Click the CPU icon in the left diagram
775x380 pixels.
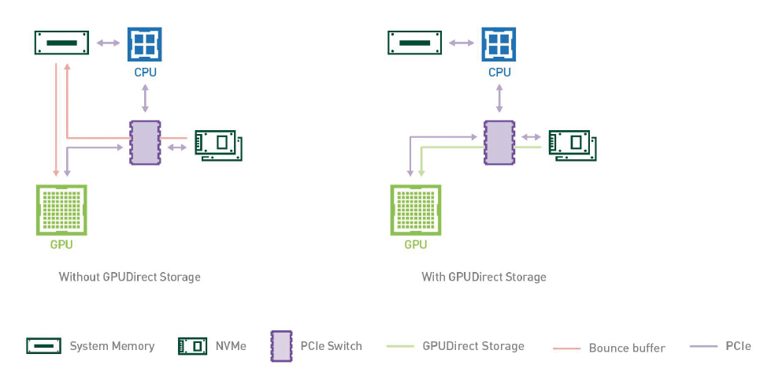click(x=145, y=43)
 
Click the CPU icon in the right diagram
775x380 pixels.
click(x=499, y=43)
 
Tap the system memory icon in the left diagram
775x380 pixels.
click(x=61, y=43)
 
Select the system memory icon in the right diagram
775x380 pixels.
click(x=415, y=43)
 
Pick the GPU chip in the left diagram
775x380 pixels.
click(x=61, y=210)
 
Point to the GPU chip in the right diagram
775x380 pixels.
click(x=415, y=210)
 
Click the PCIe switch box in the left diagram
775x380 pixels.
click(x=145, y=143)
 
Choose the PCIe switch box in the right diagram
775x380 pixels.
click(x=499, y=143)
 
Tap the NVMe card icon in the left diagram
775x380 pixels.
click(x=218, y=145)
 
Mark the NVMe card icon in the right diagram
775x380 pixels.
click(x=572, y=145)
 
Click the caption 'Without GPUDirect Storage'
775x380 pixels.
click(x=130, y=277)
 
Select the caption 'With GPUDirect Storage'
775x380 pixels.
click(x=484, y=277)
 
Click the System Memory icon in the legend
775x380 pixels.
click(x=44, y=345)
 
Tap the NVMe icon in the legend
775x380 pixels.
click(x=192, y=345)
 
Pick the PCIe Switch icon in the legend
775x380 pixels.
click(x=281, y=345)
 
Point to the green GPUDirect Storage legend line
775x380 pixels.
click(x=401, y=346)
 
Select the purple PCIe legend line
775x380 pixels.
click(x=703, y=346)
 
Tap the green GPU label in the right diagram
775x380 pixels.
click(x=415, y=244)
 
